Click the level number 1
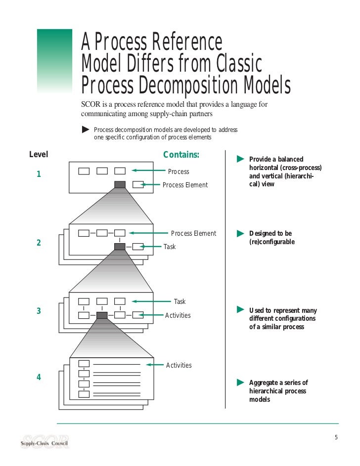39,174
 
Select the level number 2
39,243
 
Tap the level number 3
39,311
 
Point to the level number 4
39,378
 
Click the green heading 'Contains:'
181,155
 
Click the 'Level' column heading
39,155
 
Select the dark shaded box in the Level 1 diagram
120,185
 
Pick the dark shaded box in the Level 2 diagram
120,247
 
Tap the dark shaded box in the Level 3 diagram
102,315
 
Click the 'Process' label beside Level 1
179,171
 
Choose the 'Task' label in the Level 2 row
170,247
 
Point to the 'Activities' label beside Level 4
179,365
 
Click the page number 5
336,437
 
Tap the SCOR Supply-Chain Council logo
45,441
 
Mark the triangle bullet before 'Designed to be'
241,233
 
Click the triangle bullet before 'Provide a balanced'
241,159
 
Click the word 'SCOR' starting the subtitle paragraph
91,105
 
